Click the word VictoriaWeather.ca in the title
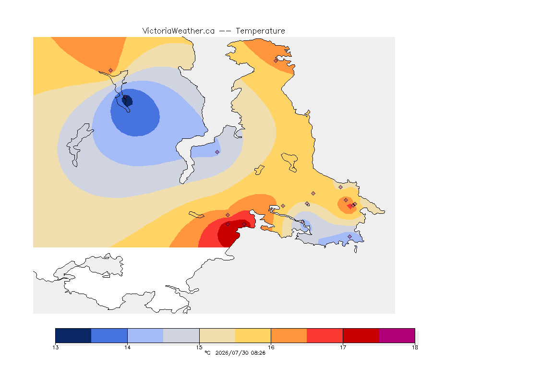[179, 31]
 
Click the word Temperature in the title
[260, 31]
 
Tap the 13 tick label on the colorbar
[55, 347]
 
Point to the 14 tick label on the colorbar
[127, 347]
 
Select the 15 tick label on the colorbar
[199, 347]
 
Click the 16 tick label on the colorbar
[271, 347]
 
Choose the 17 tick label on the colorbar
[343, 347]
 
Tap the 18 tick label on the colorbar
[415, 347]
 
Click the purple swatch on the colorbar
[397, 335]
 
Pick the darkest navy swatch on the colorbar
[73, 335]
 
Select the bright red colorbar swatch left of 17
[325, 335]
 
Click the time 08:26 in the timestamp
[258, 353]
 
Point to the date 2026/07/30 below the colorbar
[231, 353]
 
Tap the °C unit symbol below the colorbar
[207, 353]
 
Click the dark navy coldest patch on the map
[127, 100]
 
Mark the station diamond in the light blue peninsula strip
[217, 152]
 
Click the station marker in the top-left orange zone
[111, 71]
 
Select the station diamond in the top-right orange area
[276, 61]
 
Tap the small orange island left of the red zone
[196, 215]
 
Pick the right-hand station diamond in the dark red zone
[244, 224]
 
